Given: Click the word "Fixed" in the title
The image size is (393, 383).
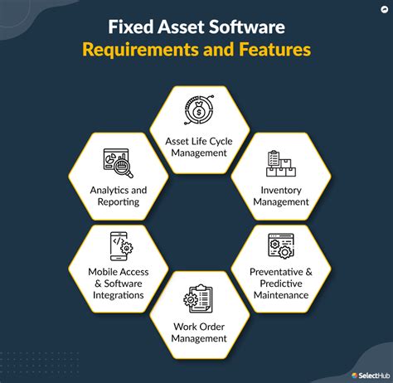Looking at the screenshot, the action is pyautogui.click(x=131, y=27).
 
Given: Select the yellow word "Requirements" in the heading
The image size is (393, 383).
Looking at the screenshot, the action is pyautogui.click(x=140, y=50).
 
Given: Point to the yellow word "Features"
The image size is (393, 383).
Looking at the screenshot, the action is pyautogui.click(x=274, y=49).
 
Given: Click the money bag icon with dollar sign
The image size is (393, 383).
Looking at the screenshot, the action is pyautogui.click(x=199, y=109).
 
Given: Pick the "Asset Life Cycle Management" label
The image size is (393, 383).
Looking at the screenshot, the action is pyautogui.click(x=199, y=147).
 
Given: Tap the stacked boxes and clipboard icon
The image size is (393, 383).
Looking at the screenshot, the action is pyautogui.click(x=281, y=163).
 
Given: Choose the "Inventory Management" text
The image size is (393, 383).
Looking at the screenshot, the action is pyautogui.click(x=281, y=196).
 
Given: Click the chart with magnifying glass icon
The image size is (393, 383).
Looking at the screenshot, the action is pyautogui.click(x=118, y=163).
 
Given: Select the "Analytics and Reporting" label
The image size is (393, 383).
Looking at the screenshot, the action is pyautogui.click(x=119, y=196).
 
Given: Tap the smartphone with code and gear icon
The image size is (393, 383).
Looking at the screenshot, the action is pyautogui.click(x=121, y=246).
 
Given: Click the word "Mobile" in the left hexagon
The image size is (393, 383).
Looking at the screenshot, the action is pyautogui.click(x=103, y=272).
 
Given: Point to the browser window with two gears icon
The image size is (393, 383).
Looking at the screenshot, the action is pyautogui.click(x=281, y=246).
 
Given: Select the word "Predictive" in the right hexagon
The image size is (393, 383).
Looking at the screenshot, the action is pyautogui.click(x=281, y=284).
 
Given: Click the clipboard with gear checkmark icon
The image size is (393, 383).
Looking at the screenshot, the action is pyautogui.click(x=198, y=298).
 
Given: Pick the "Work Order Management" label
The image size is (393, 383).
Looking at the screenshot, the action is pyautogui.click(x=199, y=332).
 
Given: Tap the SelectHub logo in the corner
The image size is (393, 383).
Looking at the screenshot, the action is pyautogui.click(x=371, y=376).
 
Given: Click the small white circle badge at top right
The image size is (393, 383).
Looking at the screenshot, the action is pyautogui.click(x=385, y=10).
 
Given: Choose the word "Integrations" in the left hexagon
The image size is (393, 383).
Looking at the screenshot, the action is pyautogui.click(x=119, y=295).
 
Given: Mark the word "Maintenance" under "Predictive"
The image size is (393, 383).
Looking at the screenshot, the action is pyautogui.click(x=281, y=295).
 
